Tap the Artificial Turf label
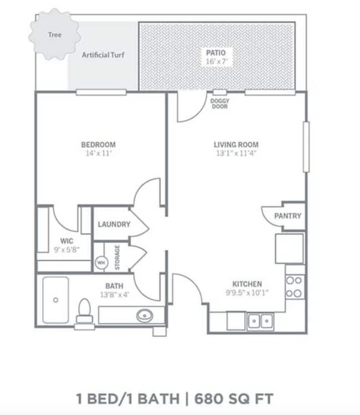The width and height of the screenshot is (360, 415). click(103, 55)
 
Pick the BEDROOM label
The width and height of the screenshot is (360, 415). click(98, 145)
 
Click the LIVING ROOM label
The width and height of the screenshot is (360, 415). click(236, 145)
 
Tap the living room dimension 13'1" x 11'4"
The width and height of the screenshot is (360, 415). click(236, 154)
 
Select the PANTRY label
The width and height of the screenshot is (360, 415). click(288, 216)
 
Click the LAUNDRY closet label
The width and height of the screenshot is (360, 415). click(114, 225)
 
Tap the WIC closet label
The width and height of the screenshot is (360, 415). click(67, 241)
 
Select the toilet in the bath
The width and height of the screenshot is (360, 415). click(85, 312)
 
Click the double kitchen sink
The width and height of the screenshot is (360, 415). click(260, 320)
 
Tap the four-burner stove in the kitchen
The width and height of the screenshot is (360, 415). click(294, 287)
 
